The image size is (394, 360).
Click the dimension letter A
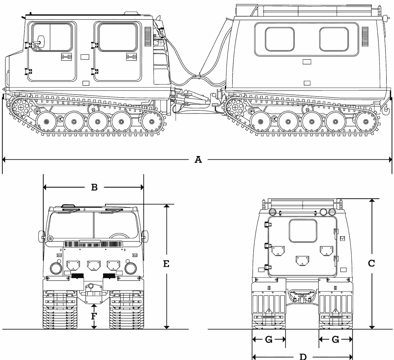(198, 160)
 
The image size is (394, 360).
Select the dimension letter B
(94, 187)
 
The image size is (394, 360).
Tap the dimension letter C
(371, 263)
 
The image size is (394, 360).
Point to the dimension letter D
(303, 356)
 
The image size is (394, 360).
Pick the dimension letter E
(166, 263)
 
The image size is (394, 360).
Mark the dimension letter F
(94, 316)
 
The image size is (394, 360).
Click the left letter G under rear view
(269, 340)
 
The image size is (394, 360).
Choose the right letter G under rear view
(335, 340)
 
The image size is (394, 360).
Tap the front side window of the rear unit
(280, 39)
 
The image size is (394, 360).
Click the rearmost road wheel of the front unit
(151, 122)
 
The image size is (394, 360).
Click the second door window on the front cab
(117, 37)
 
